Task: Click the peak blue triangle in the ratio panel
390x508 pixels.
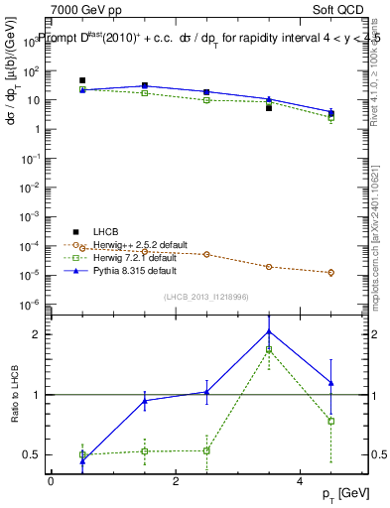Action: click(269, 331)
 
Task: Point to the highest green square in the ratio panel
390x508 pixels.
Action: click(269, 350)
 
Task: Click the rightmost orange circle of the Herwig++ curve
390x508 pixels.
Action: click(331, 272)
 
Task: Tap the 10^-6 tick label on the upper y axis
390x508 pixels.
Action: click(31, 304)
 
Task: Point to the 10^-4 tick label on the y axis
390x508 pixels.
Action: click(31, 246)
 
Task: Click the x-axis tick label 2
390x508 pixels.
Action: click(176, 481)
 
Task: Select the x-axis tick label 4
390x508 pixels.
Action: click(301, 481)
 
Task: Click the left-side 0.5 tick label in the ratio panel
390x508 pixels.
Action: click(33, 455)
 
